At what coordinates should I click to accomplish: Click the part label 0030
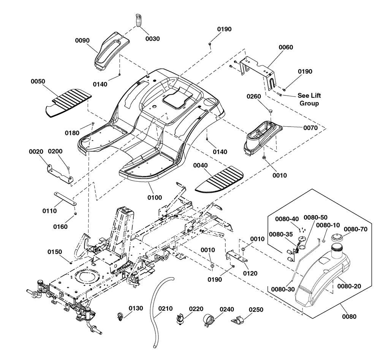152,38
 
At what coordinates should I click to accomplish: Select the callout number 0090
82,40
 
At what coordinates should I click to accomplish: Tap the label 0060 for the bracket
286,47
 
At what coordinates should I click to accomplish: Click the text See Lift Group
309,99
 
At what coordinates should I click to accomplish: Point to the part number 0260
254,96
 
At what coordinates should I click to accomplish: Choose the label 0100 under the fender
155,198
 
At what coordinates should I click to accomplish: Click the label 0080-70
356,229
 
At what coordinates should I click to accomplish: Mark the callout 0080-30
283,289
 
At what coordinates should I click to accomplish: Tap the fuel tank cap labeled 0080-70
337,238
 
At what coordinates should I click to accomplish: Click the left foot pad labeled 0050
68,103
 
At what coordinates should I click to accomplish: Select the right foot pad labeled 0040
219,179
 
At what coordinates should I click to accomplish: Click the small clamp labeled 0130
120,317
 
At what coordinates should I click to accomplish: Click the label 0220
196,309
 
